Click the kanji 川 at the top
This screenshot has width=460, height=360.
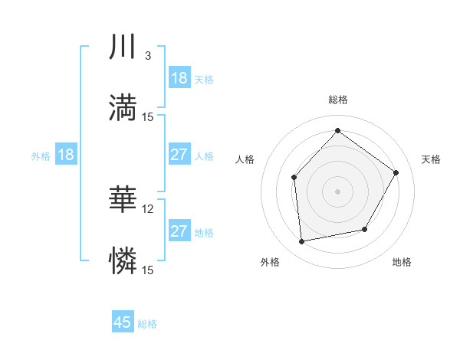(123, 48)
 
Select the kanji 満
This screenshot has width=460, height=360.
(123, 107)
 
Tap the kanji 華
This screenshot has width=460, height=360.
(123, 199)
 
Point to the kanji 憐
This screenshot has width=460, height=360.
(123, 260)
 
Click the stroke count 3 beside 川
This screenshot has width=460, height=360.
(147, 56)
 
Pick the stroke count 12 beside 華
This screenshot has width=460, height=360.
(149, 208)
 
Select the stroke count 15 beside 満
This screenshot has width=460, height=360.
(148, 116)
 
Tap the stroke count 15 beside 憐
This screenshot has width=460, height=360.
(148, 270)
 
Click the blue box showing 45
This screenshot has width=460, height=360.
(123, 322)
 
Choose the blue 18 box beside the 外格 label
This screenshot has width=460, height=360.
(66, 155)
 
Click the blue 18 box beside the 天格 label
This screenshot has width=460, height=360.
(179, 78)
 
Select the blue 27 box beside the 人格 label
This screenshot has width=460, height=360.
(179, 155)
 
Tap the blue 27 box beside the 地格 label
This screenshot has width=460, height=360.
(179, 231)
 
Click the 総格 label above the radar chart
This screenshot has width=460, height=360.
(337, 100)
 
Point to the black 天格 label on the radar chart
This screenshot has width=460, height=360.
(432, 159)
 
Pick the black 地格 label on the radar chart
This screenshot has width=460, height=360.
(402, 262)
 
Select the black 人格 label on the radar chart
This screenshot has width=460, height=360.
(245, 159)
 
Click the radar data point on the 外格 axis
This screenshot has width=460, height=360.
(302, 242)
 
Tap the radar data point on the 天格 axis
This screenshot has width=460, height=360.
(396, 172)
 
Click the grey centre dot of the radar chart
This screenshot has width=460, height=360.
(337, 191)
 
